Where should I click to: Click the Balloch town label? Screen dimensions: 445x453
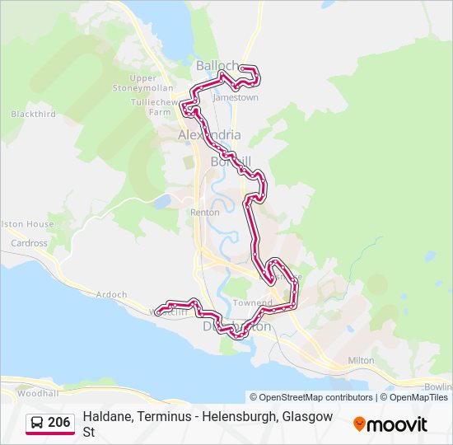(217, 65)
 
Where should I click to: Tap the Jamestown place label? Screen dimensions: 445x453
(236, 97)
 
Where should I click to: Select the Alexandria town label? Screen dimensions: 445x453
(210, 134)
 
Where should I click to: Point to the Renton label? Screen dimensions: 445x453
(205, 212)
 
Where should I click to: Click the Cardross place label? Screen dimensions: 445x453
(30, 243)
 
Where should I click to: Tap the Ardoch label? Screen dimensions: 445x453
(111, 294)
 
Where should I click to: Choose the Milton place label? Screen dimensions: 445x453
(361, 360)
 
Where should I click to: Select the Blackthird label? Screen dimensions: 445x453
(34, 115)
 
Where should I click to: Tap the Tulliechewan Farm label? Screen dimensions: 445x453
(154, 107)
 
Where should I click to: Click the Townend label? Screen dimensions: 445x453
(252, 303)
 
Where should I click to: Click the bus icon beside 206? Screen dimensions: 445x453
(37, 423)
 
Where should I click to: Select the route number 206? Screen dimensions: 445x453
(59, 423)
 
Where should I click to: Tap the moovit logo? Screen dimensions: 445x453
(390, 424)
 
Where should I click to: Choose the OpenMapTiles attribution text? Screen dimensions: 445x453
(418, 397)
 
